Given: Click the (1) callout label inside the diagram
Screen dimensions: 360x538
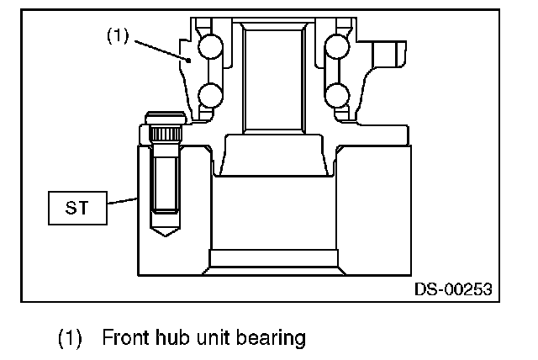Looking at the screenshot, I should pyautogui.click(x=119, y=37).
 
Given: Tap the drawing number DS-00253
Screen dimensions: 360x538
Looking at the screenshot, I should pyautogui.click(x=452, y=289).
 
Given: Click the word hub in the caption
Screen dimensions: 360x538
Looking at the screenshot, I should pyautogui.click(x=175, y=338).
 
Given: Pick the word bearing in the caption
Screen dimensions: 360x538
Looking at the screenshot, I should pyautogui.click(x=272, y=338).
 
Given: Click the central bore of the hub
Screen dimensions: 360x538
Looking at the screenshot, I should pyautogui.click(x=272, y=76).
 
